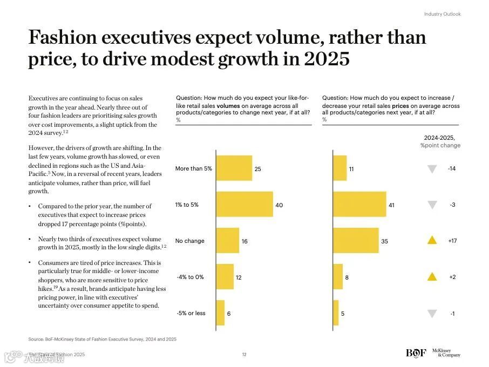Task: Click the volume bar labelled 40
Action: (244, 205)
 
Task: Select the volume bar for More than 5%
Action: (234, 168)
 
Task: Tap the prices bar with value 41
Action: (359, 205)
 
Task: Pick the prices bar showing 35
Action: (356, 241)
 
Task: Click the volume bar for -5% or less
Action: (220, 313)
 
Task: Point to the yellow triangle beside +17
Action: (432, 241)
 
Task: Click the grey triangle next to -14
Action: (432, 169)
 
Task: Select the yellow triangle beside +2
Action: (432, 277)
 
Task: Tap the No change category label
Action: (190, 241)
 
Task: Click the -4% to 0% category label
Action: (190, 277)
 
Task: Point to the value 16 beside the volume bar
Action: (244, 241)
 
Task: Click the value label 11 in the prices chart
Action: (351, 169)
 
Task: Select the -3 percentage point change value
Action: (452, 205)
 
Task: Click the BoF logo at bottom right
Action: (416, 354)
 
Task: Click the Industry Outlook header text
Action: (442, 14)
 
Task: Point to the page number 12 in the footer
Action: (244, 355)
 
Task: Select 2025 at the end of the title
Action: (327, 59)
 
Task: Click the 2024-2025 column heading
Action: (440, 138)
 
